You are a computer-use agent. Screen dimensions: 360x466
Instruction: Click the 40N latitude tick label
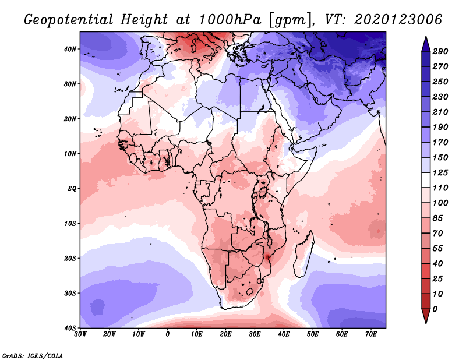coord(69,49)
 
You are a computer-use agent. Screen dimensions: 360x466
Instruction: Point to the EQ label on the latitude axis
coord(70,189)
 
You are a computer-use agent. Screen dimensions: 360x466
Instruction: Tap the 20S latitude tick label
coord(69,258)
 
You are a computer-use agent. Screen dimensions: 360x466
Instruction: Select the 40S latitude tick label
coord(69,328)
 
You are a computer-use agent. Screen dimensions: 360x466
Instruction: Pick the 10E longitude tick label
coord(197,334)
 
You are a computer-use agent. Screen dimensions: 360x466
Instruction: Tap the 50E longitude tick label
coord(313,334)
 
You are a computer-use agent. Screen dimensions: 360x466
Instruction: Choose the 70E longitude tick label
coord(371,334)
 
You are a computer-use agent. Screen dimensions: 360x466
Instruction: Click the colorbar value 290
coord(441,52)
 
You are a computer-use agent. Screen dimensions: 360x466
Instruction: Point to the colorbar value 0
coord(436,308)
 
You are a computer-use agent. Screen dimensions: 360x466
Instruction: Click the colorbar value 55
coord(438,248)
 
